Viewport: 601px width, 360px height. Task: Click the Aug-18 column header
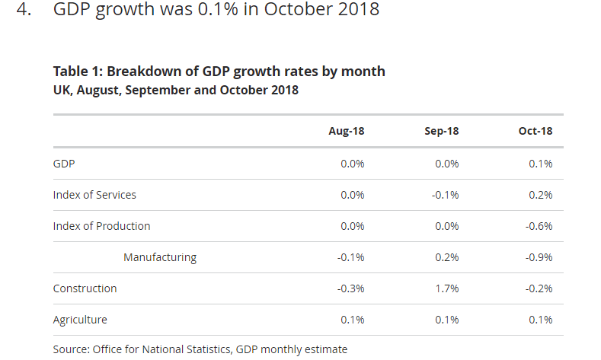[347, 131]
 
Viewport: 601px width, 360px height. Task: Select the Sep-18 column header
[441, 131]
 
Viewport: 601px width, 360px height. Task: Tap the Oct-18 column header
[535, 131]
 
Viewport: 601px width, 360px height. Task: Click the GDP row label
[64, 164]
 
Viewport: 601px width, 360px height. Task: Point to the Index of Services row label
[94, 195]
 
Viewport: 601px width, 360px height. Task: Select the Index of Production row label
[101, 226]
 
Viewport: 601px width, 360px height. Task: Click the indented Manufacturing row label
[160, 257]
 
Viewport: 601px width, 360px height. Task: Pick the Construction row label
[85, 288]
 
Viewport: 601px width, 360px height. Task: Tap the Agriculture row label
[80, 320]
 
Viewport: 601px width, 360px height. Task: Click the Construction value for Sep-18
[448, 288]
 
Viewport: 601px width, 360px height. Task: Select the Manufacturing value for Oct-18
[540, 257]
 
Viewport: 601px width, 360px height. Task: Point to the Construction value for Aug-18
[351, 288]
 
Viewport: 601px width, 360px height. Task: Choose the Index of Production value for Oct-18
[540, 226]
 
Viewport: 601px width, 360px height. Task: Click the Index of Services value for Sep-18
[446, 195]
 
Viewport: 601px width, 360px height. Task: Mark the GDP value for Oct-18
[542, 164]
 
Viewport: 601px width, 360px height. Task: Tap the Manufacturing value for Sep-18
[448, 257]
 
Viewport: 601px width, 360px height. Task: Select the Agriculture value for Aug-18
[353, 320]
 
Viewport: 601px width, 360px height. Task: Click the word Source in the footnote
[70, 349]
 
